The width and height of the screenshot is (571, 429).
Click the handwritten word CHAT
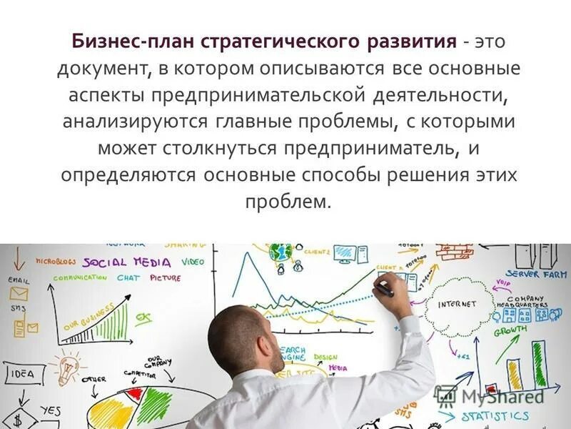(x=128, y=277)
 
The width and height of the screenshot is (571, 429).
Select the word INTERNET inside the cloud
(x=457, y=304)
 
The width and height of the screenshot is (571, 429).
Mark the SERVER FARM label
(x=536, y=274)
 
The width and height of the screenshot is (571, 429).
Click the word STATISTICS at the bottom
(x=495, y=416)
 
